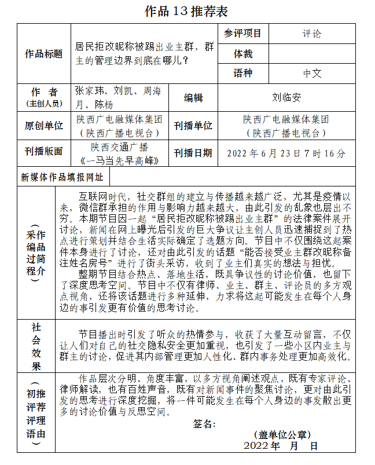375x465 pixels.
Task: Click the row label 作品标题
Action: (x=43, y=54)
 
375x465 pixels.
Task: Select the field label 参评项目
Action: (x=242, y=34)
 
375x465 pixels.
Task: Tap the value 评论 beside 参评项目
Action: (x=311, y=34)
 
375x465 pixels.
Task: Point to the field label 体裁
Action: (x=242, y=54)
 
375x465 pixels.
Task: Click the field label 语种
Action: (x=242, y=74)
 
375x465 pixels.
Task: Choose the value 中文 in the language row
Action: (x=311, y=74)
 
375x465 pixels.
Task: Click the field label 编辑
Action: (x=193, y=98)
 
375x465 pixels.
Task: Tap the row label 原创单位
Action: (x=43, y=126)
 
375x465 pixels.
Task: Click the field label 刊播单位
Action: (x=193, y=126)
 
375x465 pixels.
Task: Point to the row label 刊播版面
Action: (x=43, y=152)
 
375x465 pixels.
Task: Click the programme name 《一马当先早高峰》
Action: (x=119, y=159)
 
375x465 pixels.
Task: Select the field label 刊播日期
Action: (x=193, y=153)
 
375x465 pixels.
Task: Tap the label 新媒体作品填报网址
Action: (x=62, y=177)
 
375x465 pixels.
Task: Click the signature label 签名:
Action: (x=204, y=424)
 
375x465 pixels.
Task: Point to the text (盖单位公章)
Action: (x=282, y=435)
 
